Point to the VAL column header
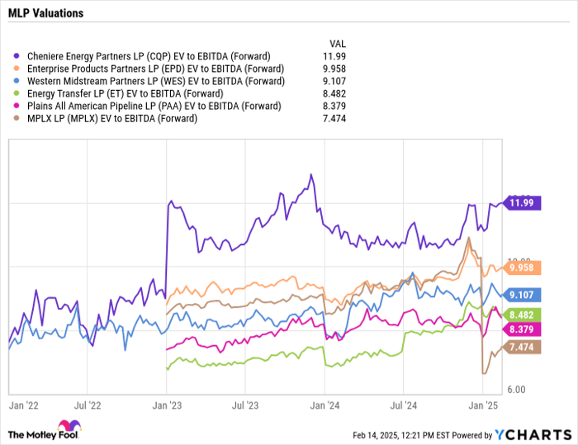click(x=338, y=42)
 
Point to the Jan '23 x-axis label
click(x=168, y=405)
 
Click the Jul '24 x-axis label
click(x=403, y=405)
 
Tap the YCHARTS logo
click(x=532, y=434)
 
